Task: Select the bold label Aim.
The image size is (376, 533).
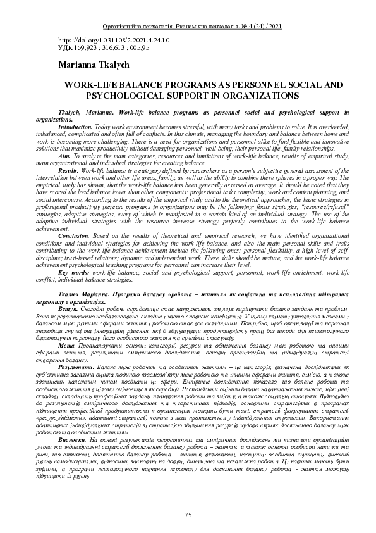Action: (64, 154)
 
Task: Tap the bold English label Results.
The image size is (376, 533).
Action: (68, 171)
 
